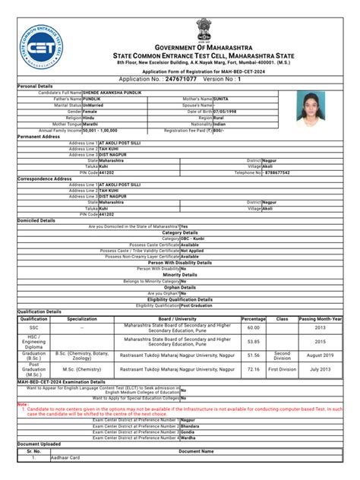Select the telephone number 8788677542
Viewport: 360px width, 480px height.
278,172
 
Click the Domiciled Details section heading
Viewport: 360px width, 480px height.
36,220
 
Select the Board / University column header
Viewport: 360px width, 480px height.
176,319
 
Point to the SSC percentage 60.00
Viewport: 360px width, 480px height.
254,327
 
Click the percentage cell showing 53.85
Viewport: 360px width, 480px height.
254,342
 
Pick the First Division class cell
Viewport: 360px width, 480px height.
282,369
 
